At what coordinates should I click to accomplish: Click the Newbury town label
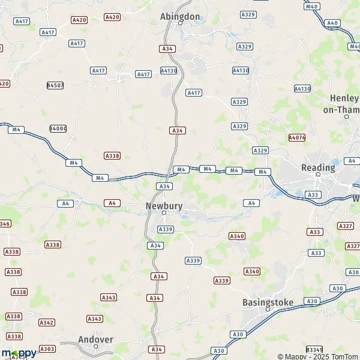tap(164, 205)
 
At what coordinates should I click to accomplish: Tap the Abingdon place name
tap(180, 17)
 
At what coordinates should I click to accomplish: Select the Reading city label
tap(318, 168)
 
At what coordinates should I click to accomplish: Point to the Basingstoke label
tap(268, 302)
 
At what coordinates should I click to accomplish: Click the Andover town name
tap(95, 340)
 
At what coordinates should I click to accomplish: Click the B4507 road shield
tap(56, 85)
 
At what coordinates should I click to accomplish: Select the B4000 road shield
tap(58, 128)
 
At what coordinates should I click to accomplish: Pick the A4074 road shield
tap(297, 137)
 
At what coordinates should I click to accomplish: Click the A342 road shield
tap(47, 322)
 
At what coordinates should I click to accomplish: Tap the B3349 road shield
tap(314, 349)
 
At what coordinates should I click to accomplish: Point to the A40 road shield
tap(332, 23)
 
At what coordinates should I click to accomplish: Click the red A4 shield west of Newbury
tap(111, 203)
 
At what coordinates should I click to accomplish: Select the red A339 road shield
tap(222, 281)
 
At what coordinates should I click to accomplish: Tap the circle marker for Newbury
tap(164, 212)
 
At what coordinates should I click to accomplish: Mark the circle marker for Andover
tap(95, 346)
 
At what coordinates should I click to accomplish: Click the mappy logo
tap(19, 353)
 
